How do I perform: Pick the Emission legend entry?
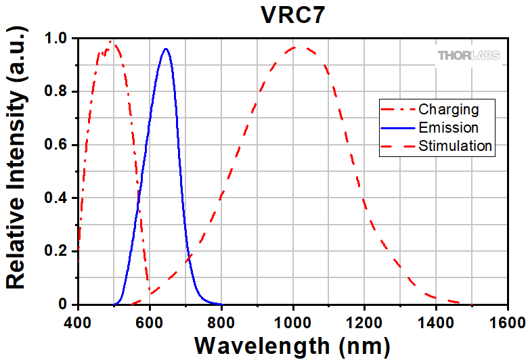tap(449, 127)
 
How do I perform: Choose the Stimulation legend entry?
tap(455, 145)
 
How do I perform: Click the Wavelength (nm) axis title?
tap(292, 344)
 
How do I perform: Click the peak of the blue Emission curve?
tap(166, 49)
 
